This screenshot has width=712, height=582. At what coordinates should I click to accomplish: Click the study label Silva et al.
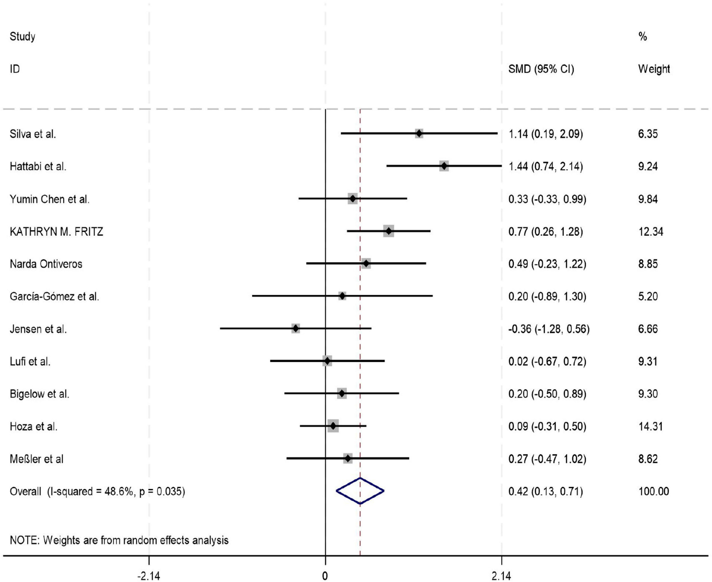[33, 134]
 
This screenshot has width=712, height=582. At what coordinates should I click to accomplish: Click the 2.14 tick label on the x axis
[501, 576]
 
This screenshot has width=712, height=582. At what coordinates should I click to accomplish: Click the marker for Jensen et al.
[295, 329]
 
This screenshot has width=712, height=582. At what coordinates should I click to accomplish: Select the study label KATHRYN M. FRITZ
[56, 232]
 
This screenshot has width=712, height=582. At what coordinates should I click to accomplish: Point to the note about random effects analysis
[119, 540]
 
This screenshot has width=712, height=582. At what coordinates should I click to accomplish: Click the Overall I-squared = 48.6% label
[97, 492]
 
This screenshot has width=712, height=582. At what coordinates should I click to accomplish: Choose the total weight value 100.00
[653, 492]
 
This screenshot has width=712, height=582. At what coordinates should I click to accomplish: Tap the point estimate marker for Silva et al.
[419, 133]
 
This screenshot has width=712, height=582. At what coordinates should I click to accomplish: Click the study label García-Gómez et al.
[54, 296]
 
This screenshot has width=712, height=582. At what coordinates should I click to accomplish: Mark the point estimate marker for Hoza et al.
[333, 426]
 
